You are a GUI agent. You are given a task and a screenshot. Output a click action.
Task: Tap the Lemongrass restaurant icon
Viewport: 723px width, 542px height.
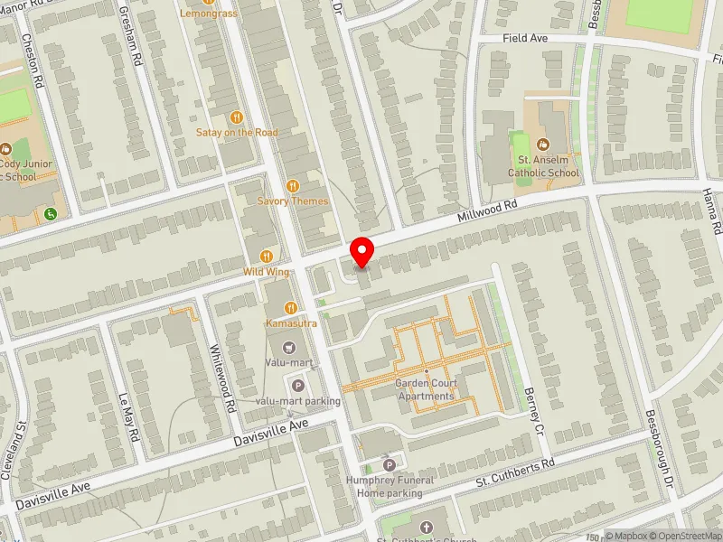tap(209, 3)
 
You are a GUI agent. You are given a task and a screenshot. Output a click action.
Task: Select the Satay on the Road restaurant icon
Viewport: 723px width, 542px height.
tap(237, 117)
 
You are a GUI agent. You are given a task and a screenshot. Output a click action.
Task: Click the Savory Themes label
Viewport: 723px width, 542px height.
tap(293, 201)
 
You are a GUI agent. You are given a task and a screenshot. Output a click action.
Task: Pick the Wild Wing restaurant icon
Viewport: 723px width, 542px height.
tap(266, 257)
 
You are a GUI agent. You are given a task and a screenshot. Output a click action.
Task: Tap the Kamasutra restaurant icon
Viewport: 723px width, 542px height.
tap(290, 308)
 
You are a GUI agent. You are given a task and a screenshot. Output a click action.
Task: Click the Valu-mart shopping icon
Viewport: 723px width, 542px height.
tap(289, 347)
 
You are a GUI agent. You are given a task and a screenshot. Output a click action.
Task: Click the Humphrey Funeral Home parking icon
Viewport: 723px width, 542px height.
tap(390, 465)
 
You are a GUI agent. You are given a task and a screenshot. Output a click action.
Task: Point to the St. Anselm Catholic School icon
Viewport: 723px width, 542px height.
tap(542, 145)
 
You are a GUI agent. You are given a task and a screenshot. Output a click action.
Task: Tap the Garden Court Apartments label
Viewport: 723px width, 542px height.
tap(426, 390)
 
